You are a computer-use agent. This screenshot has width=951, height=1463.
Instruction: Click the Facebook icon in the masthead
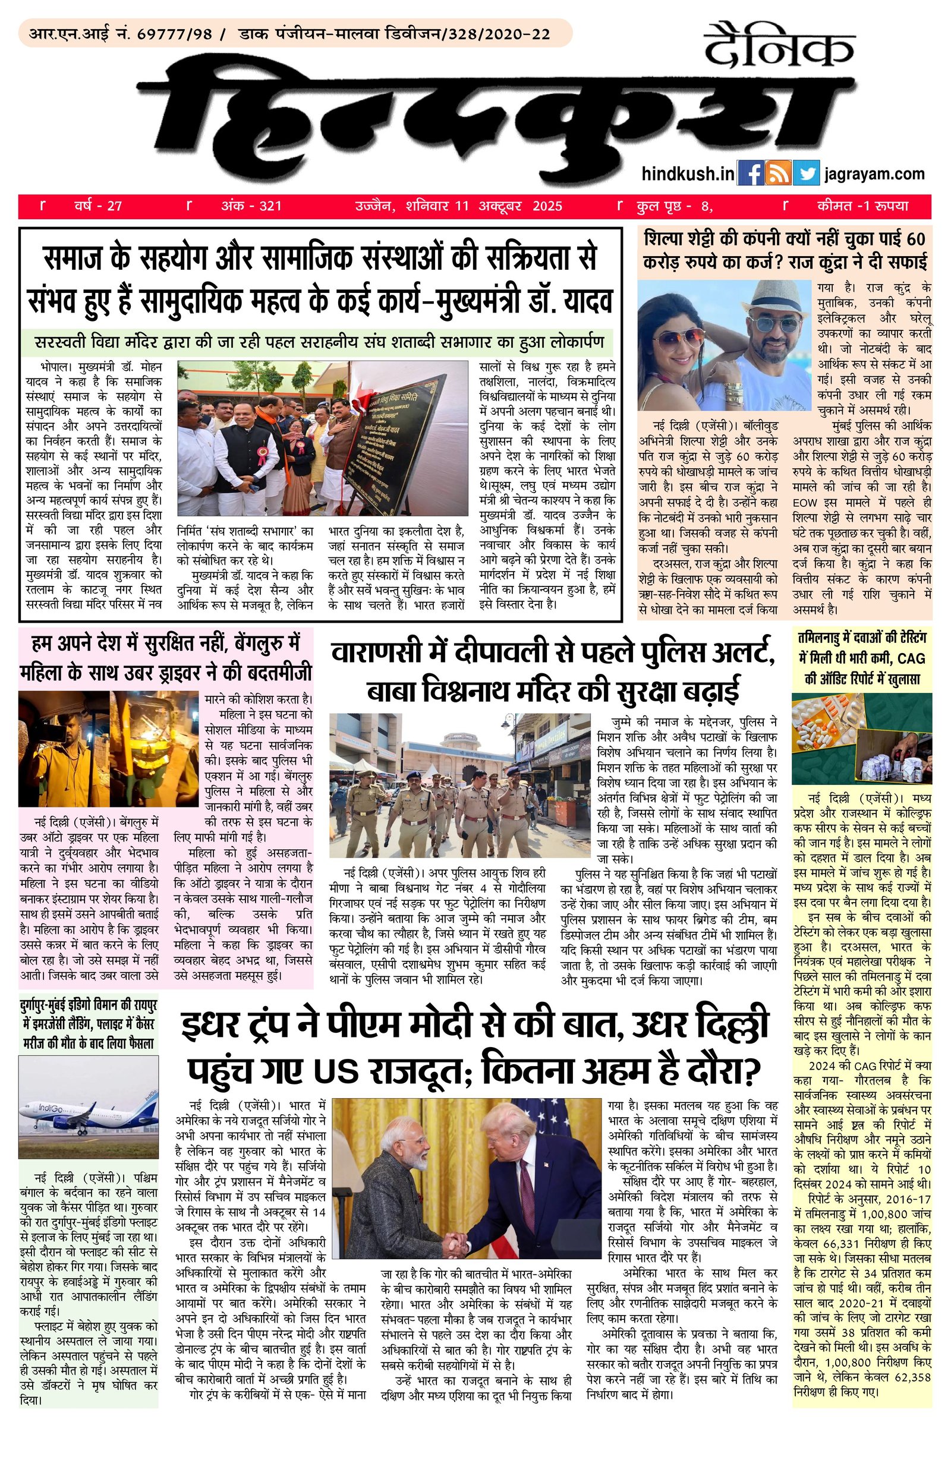coord(750,174)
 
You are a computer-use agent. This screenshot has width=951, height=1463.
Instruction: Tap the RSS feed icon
coord(777,174)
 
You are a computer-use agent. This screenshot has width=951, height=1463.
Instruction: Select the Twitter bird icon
coord(805,174)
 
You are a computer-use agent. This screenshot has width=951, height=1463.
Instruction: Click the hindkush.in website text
coord(687,174)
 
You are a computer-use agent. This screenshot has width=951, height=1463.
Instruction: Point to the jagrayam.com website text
coord(875,174)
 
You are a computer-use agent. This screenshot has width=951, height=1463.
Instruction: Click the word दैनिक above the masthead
coord(779,46)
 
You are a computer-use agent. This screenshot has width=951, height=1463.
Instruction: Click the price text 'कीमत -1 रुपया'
coord(862,206)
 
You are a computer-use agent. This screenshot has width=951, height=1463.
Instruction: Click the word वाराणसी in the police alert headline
coord(381,653)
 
